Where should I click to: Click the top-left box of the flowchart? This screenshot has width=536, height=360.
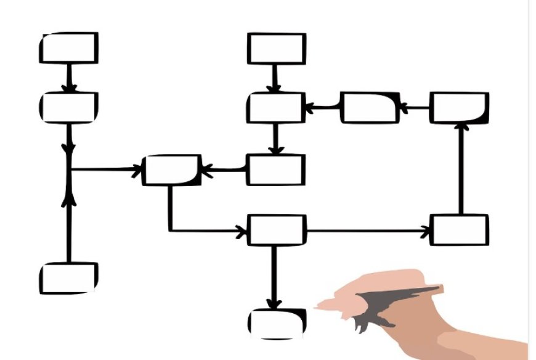[x=69, y=48]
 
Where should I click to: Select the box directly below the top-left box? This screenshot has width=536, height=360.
[x=69, y=107]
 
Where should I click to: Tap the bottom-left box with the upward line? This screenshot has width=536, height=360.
[x=69, y=278]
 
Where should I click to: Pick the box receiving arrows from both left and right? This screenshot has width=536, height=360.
[x=171, y=170]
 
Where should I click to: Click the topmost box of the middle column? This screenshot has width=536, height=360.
[x=277, y=49]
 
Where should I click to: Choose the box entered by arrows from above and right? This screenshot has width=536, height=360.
[x=277, y=108]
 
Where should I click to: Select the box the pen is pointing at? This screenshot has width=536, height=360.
[x=277, y=323]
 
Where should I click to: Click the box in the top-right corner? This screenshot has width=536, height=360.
[x=459, y=108]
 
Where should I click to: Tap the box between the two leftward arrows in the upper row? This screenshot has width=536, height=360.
[x=370, y=108]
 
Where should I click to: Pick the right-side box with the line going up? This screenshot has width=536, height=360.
[x=459, y=230]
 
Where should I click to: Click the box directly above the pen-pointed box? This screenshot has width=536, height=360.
[x=277, y=230]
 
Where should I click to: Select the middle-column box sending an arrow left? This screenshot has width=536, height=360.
[x=277, y=170]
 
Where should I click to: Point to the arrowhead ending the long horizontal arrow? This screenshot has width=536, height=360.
[x=426, y=232]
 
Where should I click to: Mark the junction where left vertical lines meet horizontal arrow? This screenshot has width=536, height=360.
[x=70, y=169]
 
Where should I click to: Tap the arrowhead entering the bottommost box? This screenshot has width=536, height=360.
[x=275, y=304]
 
